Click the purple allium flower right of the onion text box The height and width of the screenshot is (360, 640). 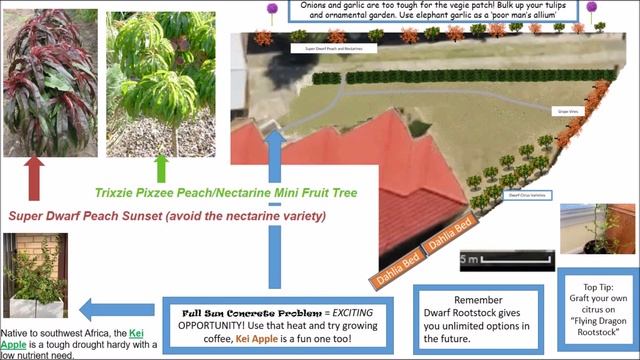pos(591,9)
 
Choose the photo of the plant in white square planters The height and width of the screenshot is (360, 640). pos(35,276)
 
